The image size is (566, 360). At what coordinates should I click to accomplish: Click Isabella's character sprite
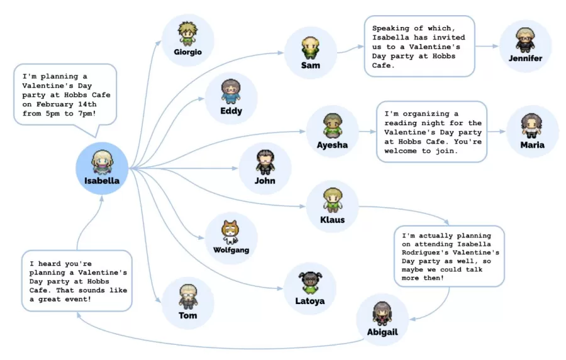102,162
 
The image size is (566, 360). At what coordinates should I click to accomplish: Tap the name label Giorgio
187,52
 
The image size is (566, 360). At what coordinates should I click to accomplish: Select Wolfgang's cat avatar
231,232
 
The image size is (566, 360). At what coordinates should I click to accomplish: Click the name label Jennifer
525,58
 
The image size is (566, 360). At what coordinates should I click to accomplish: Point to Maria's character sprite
531,126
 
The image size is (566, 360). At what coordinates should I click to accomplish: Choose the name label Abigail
382,332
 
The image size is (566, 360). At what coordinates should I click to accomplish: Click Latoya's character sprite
310,283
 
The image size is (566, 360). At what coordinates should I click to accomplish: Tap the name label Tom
187,315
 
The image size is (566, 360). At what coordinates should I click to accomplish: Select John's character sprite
265,162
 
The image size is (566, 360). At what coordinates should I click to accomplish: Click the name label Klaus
332,220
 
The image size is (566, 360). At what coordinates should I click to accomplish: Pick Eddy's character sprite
231,92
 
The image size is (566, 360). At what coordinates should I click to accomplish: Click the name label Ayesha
332,145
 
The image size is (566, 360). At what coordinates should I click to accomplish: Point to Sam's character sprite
311,48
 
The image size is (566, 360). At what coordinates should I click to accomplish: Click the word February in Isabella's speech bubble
55,104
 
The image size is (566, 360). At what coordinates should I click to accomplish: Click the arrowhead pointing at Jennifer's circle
496,46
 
